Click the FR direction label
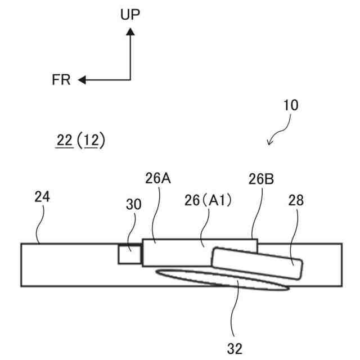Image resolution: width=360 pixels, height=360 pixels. click(x=61, y=80)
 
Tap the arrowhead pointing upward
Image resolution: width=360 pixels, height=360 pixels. click(x=130, y=33)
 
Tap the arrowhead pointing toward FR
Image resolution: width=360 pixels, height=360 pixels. click(x=82, y=80)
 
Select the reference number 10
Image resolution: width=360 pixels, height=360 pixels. click(x=291, y=105)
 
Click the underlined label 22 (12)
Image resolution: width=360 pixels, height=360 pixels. click(x=80, y=140)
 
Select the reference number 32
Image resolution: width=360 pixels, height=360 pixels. click(x=235, y=349)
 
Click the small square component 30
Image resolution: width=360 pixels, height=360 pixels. click(x=129, y=254)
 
